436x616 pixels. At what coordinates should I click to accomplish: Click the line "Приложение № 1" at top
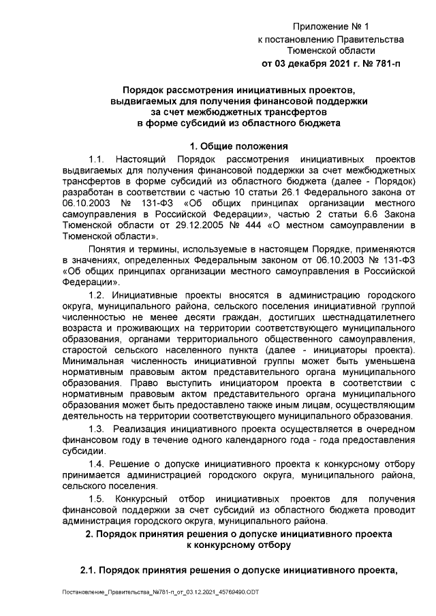point(330,27)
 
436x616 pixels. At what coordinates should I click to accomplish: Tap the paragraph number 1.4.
point(97,464)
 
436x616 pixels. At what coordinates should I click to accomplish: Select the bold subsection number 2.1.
point(87,568)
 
